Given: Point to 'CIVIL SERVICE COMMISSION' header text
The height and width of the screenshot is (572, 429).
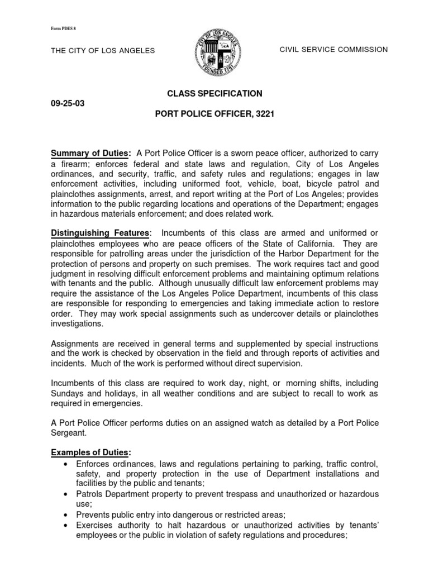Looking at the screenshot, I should coord(333,50).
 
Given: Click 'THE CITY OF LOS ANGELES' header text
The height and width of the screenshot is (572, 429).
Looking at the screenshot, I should coord(103,51).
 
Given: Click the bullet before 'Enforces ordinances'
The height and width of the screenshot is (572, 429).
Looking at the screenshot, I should coord(67,465).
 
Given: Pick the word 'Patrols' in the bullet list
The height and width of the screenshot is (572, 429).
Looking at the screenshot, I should coord(90,494).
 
